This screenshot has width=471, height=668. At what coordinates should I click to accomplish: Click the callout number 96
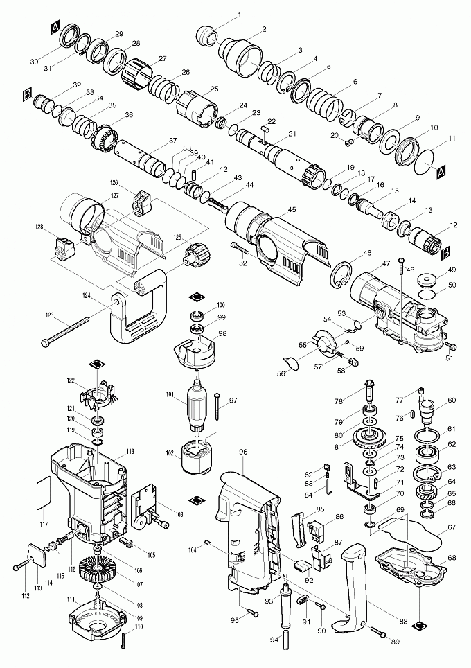point(243,452)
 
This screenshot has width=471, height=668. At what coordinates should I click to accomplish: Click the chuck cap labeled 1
point(207,34)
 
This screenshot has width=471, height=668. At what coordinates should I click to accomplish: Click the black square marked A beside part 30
point(55,28)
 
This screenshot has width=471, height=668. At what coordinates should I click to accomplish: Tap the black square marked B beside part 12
point(446,252)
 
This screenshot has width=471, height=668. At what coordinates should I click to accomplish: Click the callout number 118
point(130,452)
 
